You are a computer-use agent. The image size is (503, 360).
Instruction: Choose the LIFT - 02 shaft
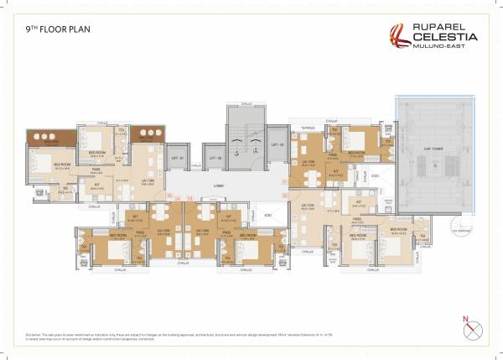pyautogui.click(x=214, y=157)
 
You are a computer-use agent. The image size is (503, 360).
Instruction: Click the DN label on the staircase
pyautogui.click(x=256, y=155)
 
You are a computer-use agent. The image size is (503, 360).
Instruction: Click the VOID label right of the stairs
pyautogui.click(x=267, y=214)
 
